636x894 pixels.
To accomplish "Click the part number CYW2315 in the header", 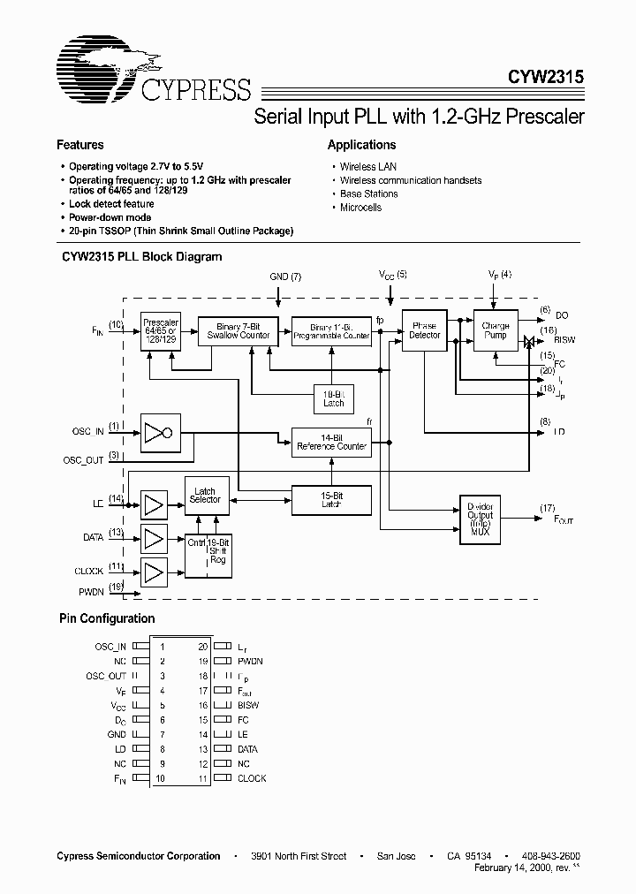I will click(x=546, y=77).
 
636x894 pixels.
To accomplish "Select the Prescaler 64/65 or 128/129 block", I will click(x=159, y=330).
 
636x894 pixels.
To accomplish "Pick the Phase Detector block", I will click(x=424, y=330).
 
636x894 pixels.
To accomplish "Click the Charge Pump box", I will click(x=496, y=330).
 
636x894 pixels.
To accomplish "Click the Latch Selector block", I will click(x=206, y=495).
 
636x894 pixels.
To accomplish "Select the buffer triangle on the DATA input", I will click(x=155, y=538).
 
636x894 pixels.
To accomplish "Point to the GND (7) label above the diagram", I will click(x=284, y=277).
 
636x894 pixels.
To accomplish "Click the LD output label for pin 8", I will click(x=559, y=432).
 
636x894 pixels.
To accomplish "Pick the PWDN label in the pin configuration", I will click(x=250, y=661).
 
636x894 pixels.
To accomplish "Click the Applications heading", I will click(x=361, y=145).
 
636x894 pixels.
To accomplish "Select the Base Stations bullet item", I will click(x=368, y=193).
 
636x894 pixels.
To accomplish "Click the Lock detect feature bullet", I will click(x=111, y=204).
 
